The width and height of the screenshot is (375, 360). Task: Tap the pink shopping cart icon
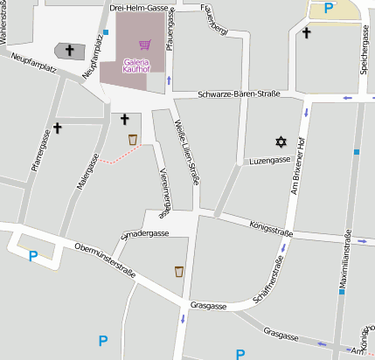[x=144, y=45]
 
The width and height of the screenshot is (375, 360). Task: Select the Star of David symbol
[x=281, y=141]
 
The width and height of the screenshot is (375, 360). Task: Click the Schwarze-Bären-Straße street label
[x=238, y=93]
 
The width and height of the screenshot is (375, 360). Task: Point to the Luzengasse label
[x=269, y=161]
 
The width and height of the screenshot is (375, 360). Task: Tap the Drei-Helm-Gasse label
[x=139, y=7]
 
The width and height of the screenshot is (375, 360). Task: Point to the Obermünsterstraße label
[x=105, y=260]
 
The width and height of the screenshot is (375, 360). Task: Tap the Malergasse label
[x=87, y=173]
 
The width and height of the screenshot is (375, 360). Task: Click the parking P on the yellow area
[x=329, y=8]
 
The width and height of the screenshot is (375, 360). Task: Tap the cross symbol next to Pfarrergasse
[x=58, y=128]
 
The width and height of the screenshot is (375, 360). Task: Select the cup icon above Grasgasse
[x=179, y=271]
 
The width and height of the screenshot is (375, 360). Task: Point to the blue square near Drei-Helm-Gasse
[x=106, y=32]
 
